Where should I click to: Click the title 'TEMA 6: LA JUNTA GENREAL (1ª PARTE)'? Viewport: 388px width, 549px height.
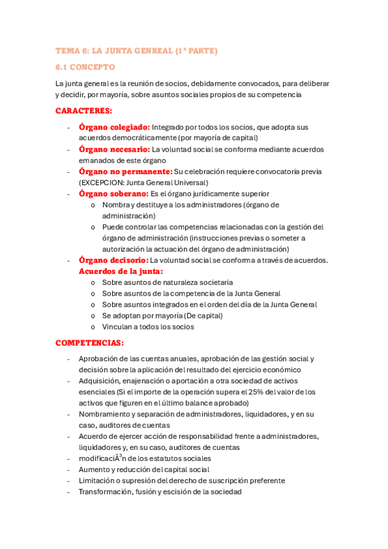[137, 50]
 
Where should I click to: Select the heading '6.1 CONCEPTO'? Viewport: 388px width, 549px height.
[85, 67]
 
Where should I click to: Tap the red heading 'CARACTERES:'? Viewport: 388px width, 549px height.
[84, 111]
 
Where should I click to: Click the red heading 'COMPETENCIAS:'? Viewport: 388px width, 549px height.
[89, 342]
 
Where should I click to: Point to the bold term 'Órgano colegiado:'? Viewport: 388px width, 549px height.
[114, 127]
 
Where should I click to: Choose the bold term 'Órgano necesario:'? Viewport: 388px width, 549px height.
[113, 149]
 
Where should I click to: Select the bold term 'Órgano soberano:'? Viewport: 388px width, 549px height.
[113, 194]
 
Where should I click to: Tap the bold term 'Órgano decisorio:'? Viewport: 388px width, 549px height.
[113, 260]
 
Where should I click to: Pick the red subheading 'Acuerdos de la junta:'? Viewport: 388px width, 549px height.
[120, 271]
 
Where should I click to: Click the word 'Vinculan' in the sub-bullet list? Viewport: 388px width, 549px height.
[117, 327]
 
